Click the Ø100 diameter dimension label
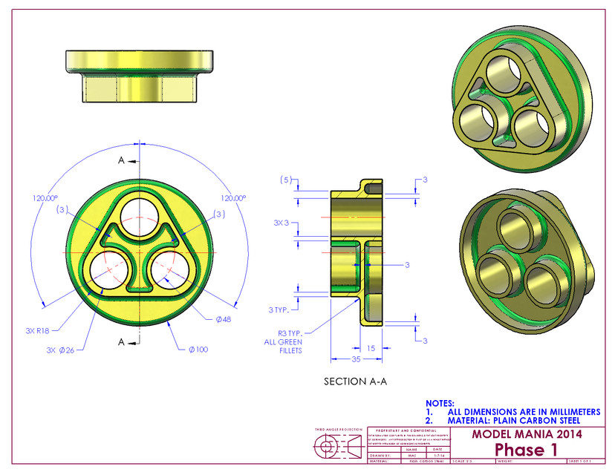[198, 349]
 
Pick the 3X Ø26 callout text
[60, 349]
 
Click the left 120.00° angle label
[45, 198]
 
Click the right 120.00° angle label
[233, 198]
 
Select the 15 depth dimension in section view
[371, 347]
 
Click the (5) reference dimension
[284, 180]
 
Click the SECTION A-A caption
[354, 381]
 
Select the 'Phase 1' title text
[526, 450]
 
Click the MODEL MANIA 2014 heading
[527, 434]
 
